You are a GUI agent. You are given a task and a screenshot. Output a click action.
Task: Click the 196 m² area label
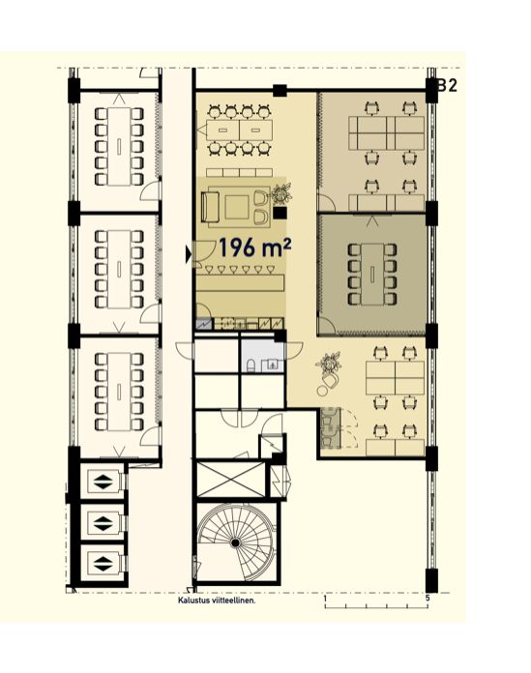(x=255, y=249)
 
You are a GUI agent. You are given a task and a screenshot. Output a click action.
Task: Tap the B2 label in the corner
(x=447, y=86)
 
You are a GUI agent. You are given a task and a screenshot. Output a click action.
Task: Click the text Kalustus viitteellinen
(x=217, y=600)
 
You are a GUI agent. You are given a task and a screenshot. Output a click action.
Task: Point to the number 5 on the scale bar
(x=428, y=598)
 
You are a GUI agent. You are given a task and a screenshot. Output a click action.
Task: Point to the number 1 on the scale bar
(x=325, y=598)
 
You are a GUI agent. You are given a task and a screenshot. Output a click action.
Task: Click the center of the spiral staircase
(x=235, y=543)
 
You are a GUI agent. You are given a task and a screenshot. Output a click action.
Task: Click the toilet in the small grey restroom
(x=251, y=366)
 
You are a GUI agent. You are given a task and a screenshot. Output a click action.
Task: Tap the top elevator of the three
(x=103, y=482)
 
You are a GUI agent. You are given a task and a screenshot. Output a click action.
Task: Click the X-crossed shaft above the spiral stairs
(x=230, y=479)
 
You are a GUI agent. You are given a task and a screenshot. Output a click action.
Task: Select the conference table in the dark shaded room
(x=372, y=274)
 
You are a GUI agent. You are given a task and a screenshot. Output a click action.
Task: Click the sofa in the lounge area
(x=210, y=207)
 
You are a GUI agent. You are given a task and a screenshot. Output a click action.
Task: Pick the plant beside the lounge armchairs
(x=281, y=194)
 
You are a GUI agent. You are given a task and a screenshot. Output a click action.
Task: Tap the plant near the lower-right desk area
(x=330, y=364)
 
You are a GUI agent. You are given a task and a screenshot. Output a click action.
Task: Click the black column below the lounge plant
(x=280, y=212)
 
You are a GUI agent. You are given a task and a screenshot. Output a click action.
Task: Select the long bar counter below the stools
(x=241, y=282)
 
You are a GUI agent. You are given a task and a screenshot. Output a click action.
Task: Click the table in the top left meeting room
(x=119, y=146)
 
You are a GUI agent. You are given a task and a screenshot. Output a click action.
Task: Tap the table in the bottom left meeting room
(x=119, y=392)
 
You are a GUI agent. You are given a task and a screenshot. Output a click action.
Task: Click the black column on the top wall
(x=280, y=91)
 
